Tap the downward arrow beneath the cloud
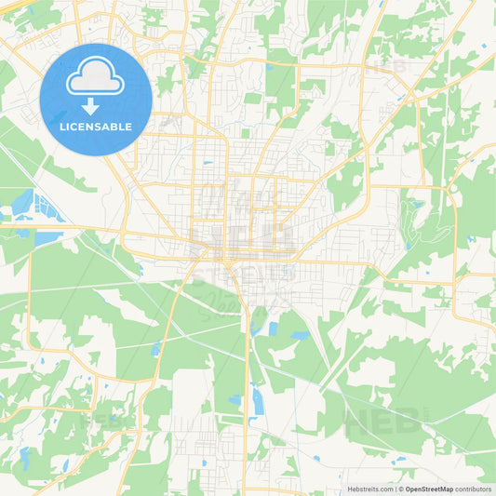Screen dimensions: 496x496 point(96,105)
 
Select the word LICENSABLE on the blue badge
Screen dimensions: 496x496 point(96,127)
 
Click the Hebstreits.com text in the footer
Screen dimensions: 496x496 point(369,489)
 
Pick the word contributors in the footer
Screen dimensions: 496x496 point(473,489)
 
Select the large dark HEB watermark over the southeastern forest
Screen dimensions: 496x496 point(382,423)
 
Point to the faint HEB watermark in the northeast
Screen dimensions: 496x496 point(385,67)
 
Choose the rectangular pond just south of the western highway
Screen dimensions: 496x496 point(47,238)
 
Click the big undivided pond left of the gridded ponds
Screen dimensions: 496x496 point(22,202)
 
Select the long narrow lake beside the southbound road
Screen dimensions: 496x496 point(257,402)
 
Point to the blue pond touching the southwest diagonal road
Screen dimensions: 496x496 point(156,349)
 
